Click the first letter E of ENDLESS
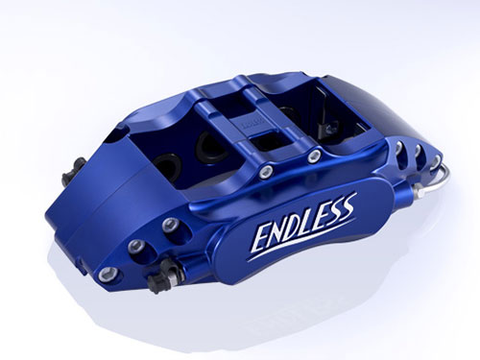tap(261, 238)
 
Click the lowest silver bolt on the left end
tap(107, 275)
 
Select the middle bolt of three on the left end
tap(135, 247)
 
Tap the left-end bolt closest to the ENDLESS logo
tap(170, 226)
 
